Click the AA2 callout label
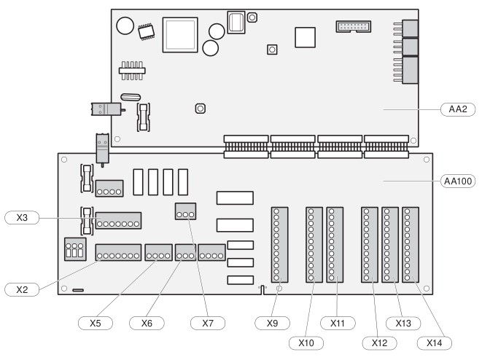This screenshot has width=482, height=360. tap(458, 109)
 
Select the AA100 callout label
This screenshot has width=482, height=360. tap(458, 181)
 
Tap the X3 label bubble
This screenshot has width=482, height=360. tap(22, 218)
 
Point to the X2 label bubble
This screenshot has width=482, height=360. tap(22, 289)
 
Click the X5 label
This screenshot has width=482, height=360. tap(96, 323)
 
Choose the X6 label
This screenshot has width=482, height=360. tap(147, 323)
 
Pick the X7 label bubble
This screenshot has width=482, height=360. tap(208, 323)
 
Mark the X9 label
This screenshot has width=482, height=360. tap(272, 323)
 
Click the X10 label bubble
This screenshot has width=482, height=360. tap(306, 343)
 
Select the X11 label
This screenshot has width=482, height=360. tap(338, 323)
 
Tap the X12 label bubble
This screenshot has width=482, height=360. tap(379, 343)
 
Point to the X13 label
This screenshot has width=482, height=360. tap(403, 323)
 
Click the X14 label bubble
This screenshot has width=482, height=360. tap(435, 343)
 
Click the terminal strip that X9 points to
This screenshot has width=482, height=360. tap(280, 245)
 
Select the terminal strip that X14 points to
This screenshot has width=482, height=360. tap(411, 245)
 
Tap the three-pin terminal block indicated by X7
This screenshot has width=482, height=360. tap(185, 211)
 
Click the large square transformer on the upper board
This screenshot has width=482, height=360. tap(180, 35)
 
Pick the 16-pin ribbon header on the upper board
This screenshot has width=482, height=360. tap(354, 26)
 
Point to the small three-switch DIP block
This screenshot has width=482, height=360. tap(75, 249)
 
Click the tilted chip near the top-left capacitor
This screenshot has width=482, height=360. tap(147, 31)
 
